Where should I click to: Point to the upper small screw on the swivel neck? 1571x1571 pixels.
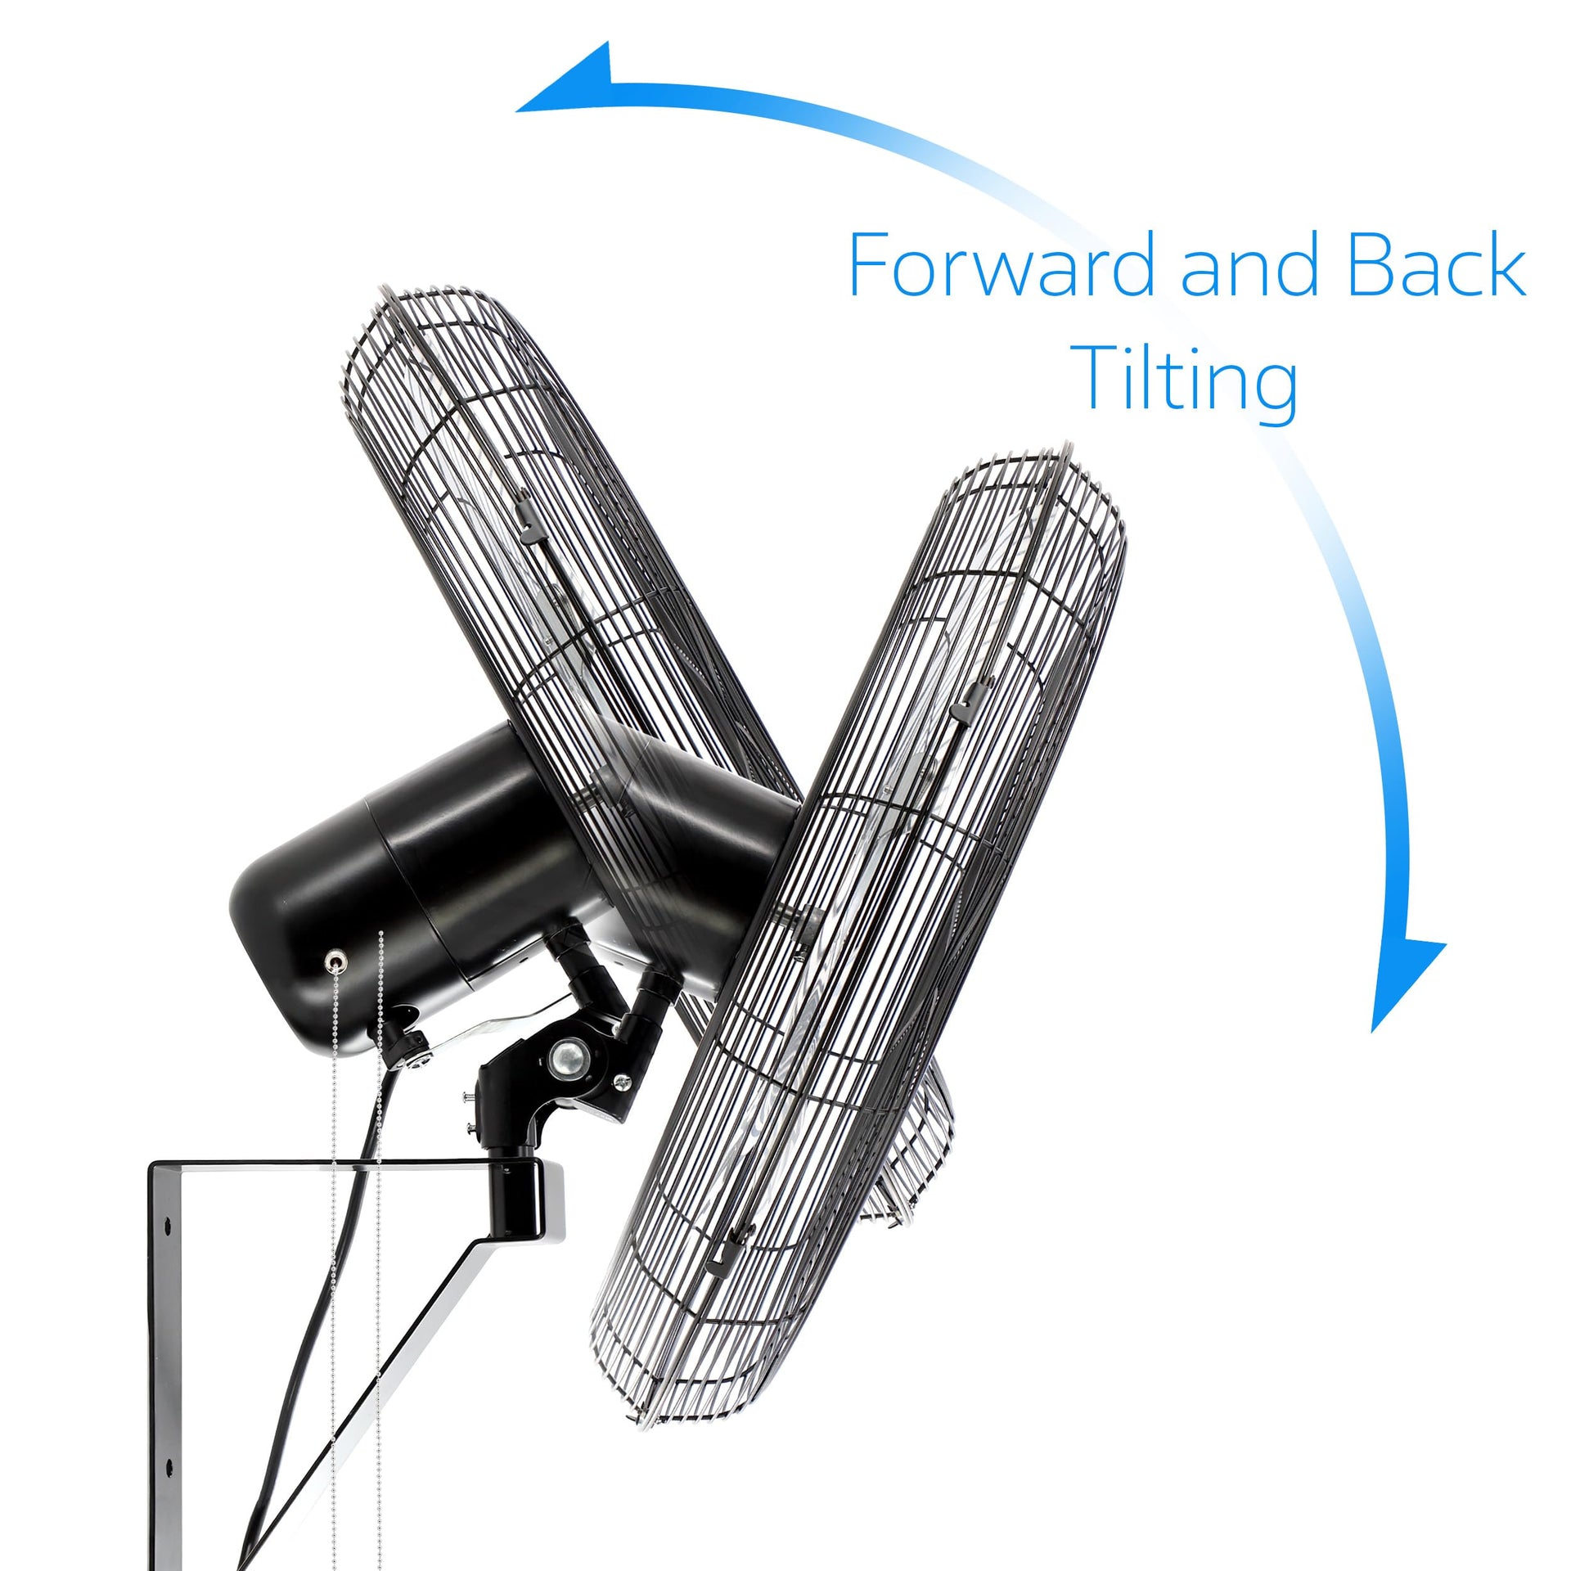[x=469, y=1096]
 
